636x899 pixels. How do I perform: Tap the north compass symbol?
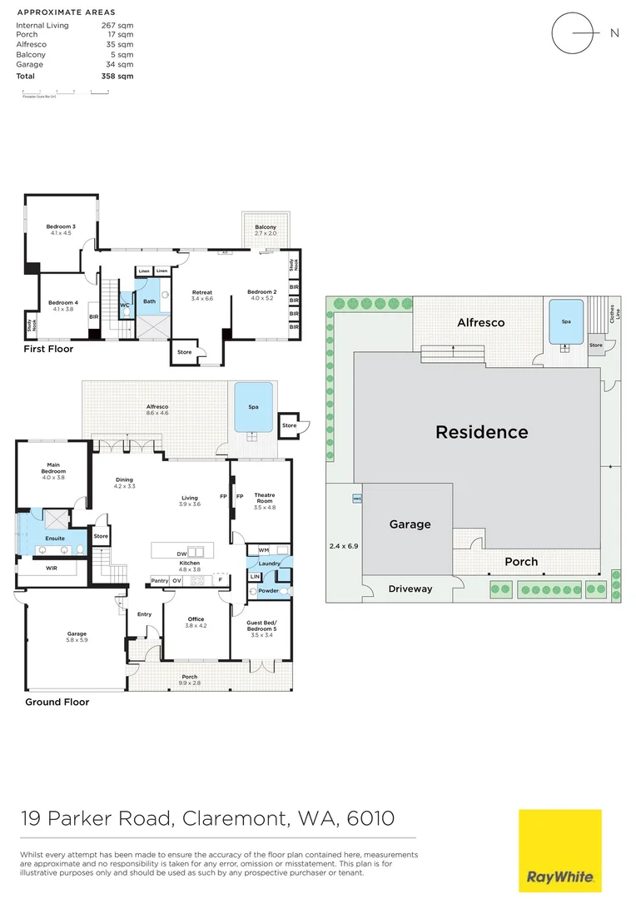[574, 33]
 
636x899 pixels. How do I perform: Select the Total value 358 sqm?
[117, 76]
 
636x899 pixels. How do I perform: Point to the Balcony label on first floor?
[266, 227]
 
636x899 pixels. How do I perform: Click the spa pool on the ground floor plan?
[254, 407]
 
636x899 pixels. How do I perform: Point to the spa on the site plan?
[566, 320]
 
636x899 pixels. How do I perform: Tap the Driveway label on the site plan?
[410, 589]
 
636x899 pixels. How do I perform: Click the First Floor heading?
[48, 349]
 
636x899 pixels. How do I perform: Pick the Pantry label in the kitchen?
[159, 580]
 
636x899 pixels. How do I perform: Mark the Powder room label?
[268, 590]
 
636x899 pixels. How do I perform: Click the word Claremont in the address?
[235, 819]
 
